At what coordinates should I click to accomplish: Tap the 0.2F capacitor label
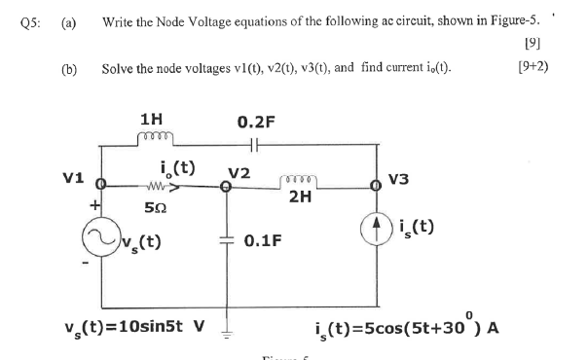coord(256,123)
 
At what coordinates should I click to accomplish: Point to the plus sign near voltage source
coord(95,205)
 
